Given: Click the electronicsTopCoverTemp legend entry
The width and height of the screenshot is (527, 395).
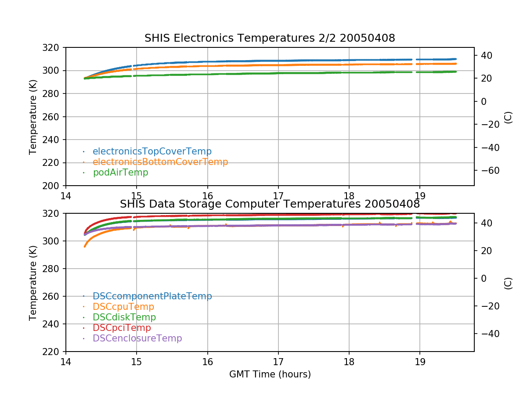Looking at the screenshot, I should pyautogui.click(x=152, y=151).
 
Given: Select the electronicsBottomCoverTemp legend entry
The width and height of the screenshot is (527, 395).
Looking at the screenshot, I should pyautogui.click(x=160, y=162).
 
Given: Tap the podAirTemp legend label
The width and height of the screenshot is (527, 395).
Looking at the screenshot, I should pyautogui.click(x=120, y=172).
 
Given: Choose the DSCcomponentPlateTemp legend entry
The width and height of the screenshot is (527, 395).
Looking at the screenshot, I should pyautogui.click(x=152, y=296).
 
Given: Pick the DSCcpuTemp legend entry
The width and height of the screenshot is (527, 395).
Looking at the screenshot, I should pyautogui.click(x=123, y=307).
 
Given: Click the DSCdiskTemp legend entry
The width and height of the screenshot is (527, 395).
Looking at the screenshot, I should pyautogui.click(x=124, y=317).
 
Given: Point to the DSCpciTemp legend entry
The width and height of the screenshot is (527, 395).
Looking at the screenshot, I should pyautogui.click(x=122, y=328).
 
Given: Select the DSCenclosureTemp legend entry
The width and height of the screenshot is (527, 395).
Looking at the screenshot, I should pyautogui.click(x=137, y=338).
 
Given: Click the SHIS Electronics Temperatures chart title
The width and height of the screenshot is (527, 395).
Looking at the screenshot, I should pyautogui.click(x=270, y=38).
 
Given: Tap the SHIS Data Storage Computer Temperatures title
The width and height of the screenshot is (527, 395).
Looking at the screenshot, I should pyautogui.click(x=270, y=204).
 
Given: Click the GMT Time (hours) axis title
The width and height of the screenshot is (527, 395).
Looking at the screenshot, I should pyautogui.click(x=270, y=374).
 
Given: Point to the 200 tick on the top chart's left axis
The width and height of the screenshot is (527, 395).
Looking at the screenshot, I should pyautogui.click(x=55, y=186).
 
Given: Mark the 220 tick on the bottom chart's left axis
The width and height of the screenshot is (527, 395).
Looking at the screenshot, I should pyautogui.click(x=55, y=352).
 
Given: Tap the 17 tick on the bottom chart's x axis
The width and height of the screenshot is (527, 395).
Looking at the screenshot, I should pyautogui.click(x=278, y=361).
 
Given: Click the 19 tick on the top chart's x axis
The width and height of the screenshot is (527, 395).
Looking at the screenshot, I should pyautogui.click(x=419, y=195).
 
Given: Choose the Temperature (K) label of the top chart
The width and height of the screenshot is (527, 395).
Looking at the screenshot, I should pyautogui.click(x=33, y=116).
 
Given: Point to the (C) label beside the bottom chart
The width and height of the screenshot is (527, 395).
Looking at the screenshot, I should pyautogui.click(x=508, y=283).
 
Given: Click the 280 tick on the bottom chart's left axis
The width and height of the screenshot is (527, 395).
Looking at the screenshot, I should pyautogui.click(x=55, y=269).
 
